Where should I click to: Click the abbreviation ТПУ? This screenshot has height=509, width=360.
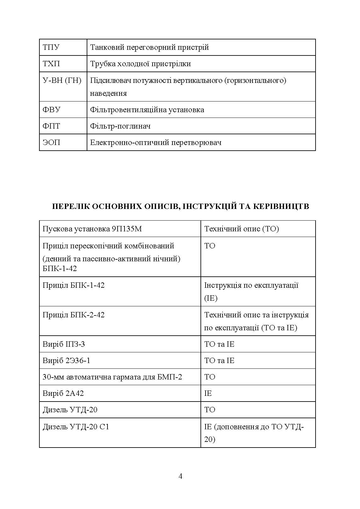point(51,48)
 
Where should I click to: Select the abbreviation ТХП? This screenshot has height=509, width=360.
point(51,64)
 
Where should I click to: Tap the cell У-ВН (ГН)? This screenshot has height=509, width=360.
point(62,81)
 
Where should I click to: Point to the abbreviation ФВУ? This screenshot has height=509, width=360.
point(52,110)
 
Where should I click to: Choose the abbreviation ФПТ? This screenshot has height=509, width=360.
point(51,126)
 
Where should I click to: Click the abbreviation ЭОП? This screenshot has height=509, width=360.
point(51,143)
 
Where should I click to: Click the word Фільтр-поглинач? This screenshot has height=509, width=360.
point(120,126)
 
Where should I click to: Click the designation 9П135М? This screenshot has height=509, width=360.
point(126,229)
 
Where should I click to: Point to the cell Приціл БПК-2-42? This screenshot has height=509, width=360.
point(73,315)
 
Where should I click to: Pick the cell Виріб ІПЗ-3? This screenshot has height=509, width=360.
point(64,344)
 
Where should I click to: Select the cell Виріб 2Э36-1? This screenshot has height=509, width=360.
point(66,361)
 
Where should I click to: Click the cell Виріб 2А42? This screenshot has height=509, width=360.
point(63,393)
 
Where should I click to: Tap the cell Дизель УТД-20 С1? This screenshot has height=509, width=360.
point(76,427)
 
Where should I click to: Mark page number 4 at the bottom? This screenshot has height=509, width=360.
point(180,476)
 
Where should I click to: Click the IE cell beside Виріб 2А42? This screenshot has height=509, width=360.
point(208,393)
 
